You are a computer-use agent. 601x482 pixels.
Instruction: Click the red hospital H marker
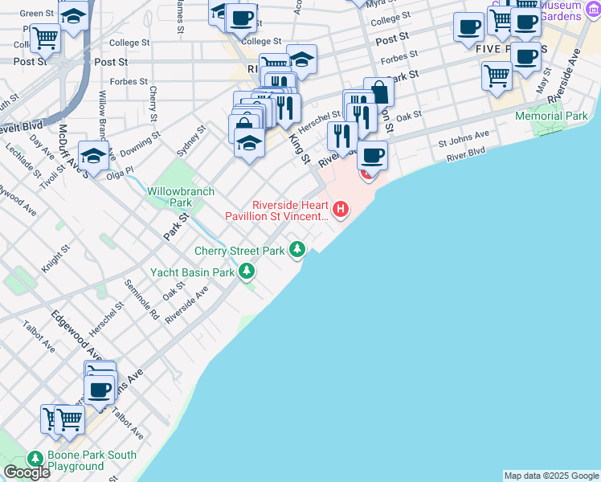(341, 210)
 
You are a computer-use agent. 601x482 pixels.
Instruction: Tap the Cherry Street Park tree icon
(298, 250)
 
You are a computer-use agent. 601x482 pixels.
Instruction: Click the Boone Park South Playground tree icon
(35, 458)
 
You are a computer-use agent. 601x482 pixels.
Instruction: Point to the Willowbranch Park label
(170, 198)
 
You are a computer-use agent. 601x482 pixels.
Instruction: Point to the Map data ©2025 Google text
(551, 476)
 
